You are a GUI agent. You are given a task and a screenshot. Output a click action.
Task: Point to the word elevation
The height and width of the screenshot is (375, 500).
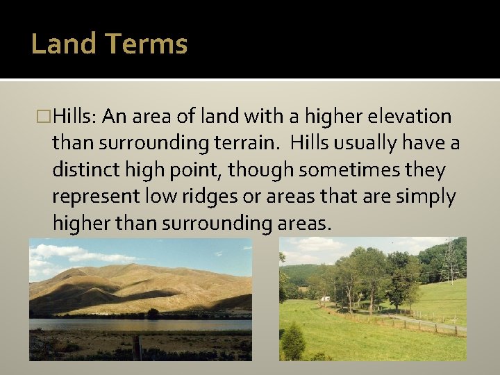(412, 116)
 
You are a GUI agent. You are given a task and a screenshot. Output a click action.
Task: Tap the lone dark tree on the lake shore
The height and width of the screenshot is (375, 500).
(152, 313)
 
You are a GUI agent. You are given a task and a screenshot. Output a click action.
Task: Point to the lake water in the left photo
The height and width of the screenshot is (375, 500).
(104, 324)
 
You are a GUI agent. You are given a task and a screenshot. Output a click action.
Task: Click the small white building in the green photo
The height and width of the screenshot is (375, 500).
(326, 299)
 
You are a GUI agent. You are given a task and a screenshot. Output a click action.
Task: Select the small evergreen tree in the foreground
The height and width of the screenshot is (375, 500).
(293, 342)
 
